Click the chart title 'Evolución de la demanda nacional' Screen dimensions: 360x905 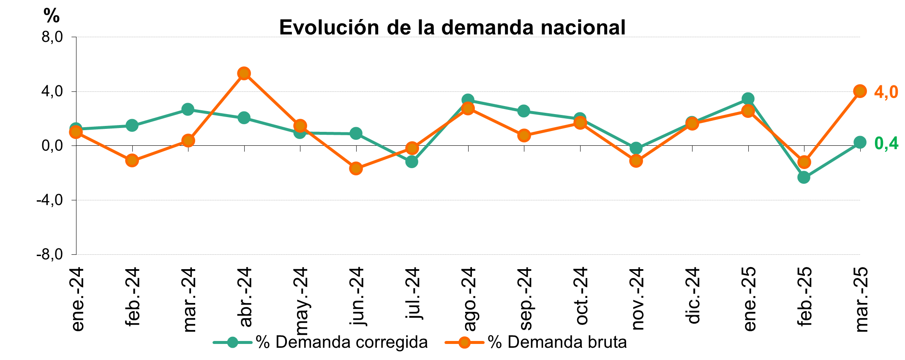pyautogui.click(x=452, y=27)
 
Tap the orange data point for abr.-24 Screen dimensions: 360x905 pyautogui.click(x=244, y=74)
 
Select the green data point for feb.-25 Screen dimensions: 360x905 pyautogui.click(x=804, y=177)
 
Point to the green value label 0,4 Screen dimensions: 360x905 pyautogui.click(x=886, y=144)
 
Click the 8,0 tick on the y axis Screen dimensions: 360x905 pyautogui.click(x=52, y=38)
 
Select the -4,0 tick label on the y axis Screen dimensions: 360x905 pyautogui.click(x=49, y=200)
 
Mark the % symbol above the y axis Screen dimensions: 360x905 pyautogui.click(x=52, y=16)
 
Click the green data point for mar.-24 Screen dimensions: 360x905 pyautogui.click(x=188, y=109)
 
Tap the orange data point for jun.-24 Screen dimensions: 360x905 pyautogui.click(x=356, y=168)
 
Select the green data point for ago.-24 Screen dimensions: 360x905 pyautogui.click(x=467, y=100)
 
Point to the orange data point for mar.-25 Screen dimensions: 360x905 pyautogui.click(x=860, y=91)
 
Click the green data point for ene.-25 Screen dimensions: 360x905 pyautogui.click(x=748, y=99)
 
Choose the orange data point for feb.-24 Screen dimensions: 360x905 pyautogui.click(x=132, y=160)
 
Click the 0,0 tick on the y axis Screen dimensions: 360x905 pyautogui.click(x=52, y=146)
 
